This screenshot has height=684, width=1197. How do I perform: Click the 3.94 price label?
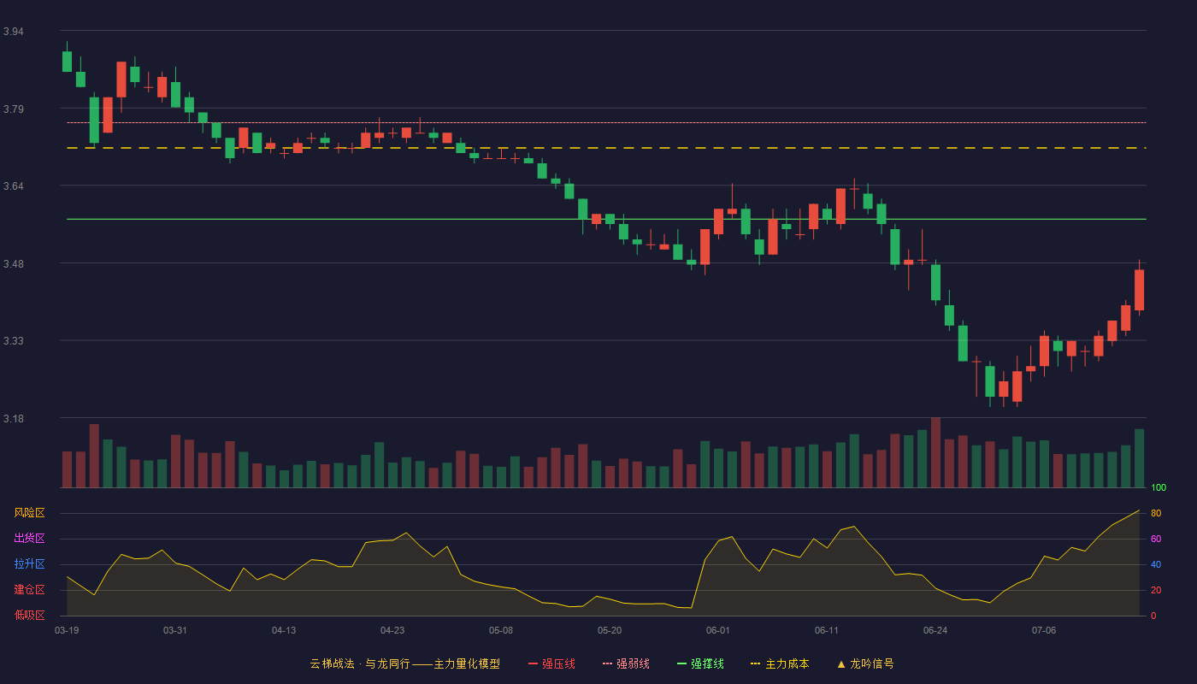pyautogui.click(x=14, y=32)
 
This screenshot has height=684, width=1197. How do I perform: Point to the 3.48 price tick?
pyautogui.click(x=14, y=264)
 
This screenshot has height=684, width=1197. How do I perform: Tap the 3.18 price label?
pyautogui.click(x=14, y=418)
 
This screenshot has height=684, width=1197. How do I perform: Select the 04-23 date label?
pyautogui.click(x=392, y=631)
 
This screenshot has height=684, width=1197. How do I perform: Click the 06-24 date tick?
pyautogui.click(x=935, y=631)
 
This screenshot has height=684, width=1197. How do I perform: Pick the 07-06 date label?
pyautogui.click(x=1044, y=631)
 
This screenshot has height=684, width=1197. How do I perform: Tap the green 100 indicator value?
pyautogui.click(x=1159, y=487)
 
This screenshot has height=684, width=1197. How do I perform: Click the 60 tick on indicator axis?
pyautogui.click(x=1156, y=539)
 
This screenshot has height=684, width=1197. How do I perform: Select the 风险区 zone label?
pyautogui.click(x=29, y=513)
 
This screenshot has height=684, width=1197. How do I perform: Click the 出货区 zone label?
pyautogui.click(x=29, y=538)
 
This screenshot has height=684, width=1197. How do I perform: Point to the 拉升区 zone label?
pyautogui.click(x=29, y=563)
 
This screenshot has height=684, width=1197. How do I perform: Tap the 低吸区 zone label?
pyautogui.click(x=29, y=615)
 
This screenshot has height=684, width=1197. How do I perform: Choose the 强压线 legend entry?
pyautogui.click(x=551, y=663)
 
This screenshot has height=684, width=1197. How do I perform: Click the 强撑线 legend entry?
pyautogui.click(x=700, y=663)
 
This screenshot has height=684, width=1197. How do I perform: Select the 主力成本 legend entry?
pyautogui.click(x=780, y=663)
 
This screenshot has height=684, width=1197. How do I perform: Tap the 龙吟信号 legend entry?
pyautogui.click(x=865, y=663)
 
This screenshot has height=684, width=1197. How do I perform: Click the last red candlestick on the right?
pyautogui.click(x=1139, y=290)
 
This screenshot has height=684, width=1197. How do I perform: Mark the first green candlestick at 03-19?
pyautogui.click(x=67, y=61)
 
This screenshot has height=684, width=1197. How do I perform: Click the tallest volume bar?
pyautogui.click(x=935, y=452)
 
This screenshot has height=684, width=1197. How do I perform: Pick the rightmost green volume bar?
pyautogui.click(x=1139, y=458)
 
